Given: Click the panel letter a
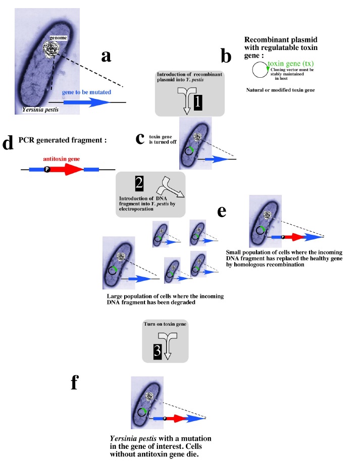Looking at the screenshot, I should click(106, 57).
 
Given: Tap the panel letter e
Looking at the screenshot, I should click(221, 211).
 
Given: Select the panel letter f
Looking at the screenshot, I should click(74, 384).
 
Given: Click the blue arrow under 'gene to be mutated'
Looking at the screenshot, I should click(86, 102).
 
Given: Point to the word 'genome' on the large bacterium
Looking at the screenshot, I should click(52, 39).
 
